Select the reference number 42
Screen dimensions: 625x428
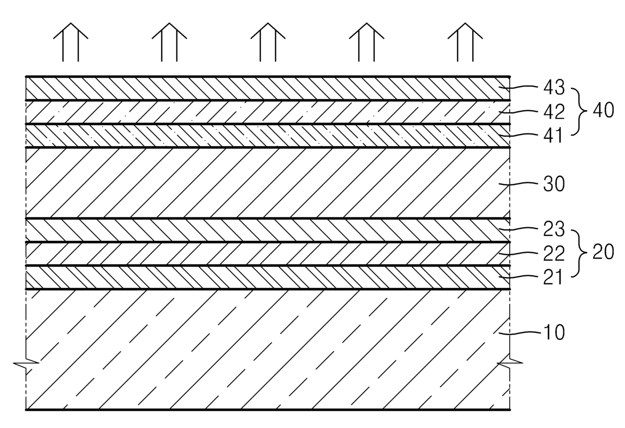[554, 111]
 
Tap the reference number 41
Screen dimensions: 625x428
[554, 135]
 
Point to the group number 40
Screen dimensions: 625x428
[603, 110]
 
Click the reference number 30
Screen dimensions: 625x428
[554, 185]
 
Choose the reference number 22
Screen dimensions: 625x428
[554, 253]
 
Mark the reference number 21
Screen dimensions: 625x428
[554, 277]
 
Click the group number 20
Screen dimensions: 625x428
[603, 252]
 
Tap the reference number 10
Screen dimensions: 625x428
[554, 333]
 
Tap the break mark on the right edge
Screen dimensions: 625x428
[510, 362]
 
